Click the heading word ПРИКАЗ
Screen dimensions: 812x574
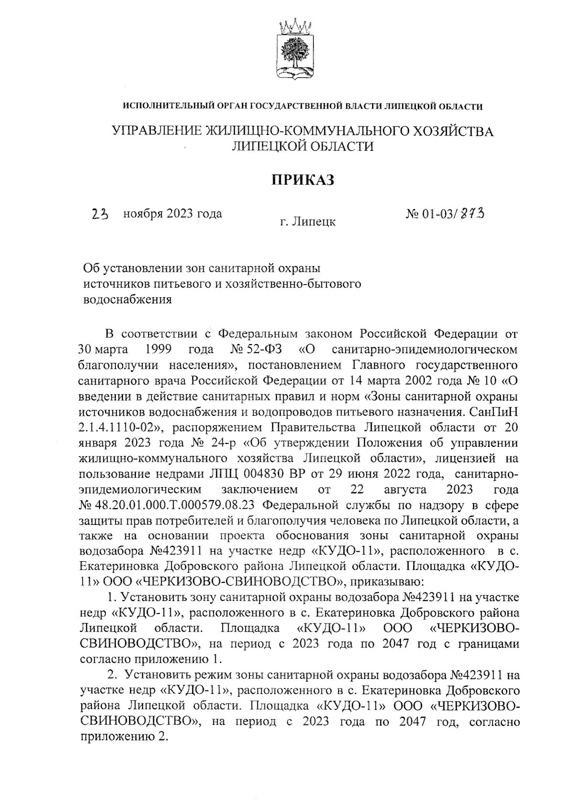[x=302, y=179]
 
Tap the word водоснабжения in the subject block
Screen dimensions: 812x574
[x=128, y=300]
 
